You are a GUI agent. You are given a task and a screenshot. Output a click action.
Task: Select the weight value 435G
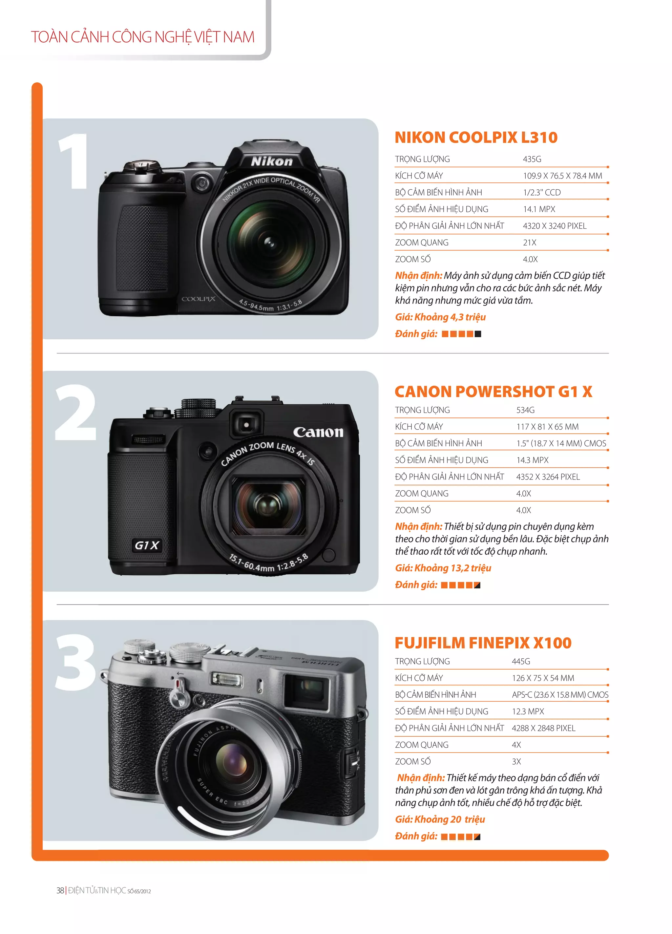(x=532, y=159)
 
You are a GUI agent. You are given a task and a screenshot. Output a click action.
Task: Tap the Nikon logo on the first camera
(x=272, y=161)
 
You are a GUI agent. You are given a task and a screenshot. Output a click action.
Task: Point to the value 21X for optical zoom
(x=529, y=243)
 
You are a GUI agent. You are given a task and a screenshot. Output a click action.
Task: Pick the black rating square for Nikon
(x=478, y=334)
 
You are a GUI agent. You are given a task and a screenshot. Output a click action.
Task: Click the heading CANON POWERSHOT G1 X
(x=493, y=391)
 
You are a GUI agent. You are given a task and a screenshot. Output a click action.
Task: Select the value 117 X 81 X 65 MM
(x=547, y=427)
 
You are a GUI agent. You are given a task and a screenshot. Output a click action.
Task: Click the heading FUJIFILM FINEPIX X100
(x=483, y=643)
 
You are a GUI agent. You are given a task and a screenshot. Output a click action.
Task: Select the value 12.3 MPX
(x=528, y=711)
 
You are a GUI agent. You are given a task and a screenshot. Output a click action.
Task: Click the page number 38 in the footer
(x=60, y=890)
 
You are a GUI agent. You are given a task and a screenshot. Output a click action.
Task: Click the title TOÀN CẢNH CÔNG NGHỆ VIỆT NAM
(x=142, y=37)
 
